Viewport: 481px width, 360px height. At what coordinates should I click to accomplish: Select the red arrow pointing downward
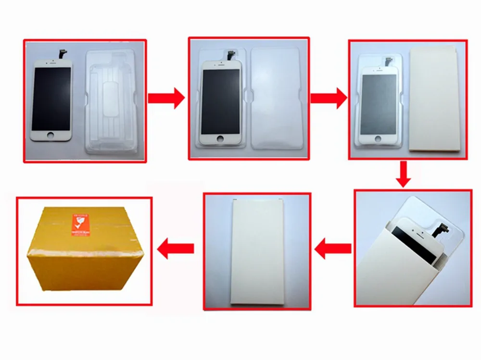[x=404, y=174]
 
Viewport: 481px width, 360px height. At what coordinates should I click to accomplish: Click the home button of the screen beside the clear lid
[x=220, y=138]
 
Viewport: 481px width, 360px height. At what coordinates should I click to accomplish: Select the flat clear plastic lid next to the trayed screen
[x=276, y=99]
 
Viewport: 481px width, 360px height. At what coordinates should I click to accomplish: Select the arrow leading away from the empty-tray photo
[x=166, y=99]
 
